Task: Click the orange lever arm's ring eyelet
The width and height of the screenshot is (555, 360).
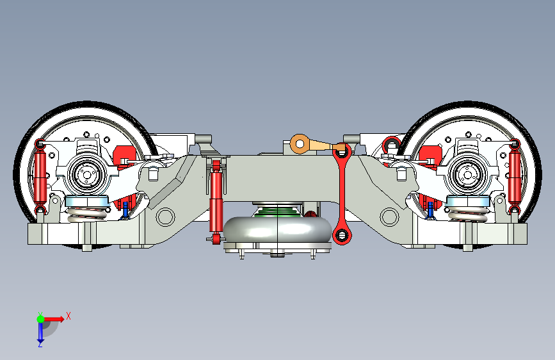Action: point(300,144)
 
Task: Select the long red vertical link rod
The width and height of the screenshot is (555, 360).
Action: point(342,193)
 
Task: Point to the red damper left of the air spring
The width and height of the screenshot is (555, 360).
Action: point(216,202)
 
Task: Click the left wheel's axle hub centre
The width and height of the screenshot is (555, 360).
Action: point(86,175)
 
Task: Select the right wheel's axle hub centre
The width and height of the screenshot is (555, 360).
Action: point(467,175)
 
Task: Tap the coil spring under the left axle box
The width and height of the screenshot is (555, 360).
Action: point(86,214)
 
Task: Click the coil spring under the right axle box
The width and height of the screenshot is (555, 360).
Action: point(467,214)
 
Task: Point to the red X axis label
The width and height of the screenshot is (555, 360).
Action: point(68,316)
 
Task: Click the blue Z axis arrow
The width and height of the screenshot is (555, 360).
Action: point(40,332)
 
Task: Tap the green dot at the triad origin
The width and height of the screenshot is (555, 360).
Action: point(40,319)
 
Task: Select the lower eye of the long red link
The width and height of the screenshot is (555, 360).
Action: point(342,234)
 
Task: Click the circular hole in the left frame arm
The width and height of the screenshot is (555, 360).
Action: point(165,217)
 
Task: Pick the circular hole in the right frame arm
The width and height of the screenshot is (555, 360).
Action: point(389,217)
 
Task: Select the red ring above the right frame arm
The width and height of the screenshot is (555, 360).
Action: point(392,145)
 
